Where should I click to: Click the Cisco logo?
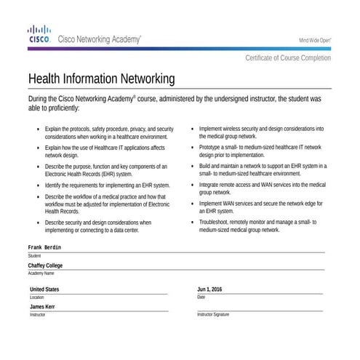pyautogui.click(x=39, y=34)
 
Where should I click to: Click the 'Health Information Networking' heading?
pyautogui.click(x=101, y=78)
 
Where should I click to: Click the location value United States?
pyautogui.click(x=44, y=289)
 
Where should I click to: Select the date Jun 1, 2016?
pyautogui.click(x=209, y=289)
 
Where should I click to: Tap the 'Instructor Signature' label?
pyautogui.click(x=213, y=315)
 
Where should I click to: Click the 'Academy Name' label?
pyautogui.click(x=41, y=273)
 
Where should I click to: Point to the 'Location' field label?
pyautogui.click(x=36, y=297)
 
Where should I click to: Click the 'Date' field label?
pyautogui.click(x=201, y=297)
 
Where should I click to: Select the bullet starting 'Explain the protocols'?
pyautogui.click(x=109, y=132)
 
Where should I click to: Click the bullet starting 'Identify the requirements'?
pyautogui.click(x=107, y=185)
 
